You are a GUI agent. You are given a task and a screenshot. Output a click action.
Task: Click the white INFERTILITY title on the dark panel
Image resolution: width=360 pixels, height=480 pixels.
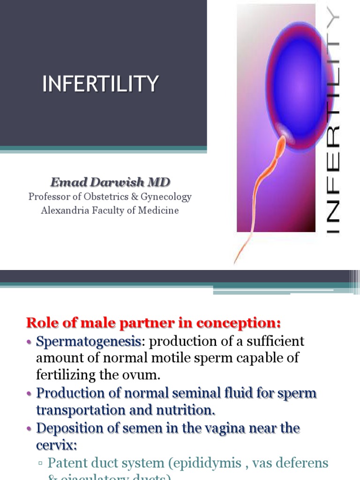pos(100,84)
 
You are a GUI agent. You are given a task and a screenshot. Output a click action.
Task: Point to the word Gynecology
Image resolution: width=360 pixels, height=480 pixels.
pos(164,197)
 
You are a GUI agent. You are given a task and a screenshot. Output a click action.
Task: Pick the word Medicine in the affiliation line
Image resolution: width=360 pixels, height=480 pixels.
pos(158,210)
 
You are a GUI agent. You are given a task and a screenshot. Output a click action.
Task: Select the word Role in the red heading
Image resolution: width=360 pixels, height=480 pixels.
pos(42,323)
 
